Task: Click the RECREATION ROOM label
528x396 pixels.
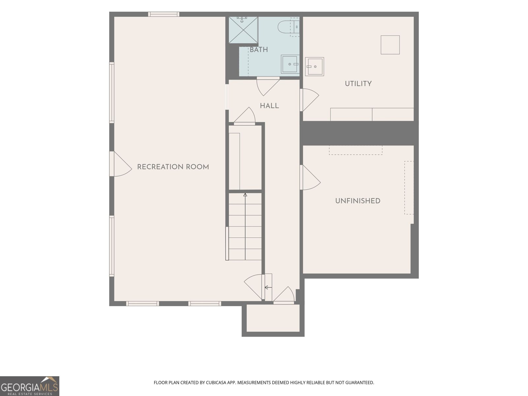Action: tap(173, 167)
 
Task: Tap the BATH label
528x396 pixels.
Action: tap(259, 50)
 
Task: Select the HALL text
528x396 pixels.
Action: tap(269, 106)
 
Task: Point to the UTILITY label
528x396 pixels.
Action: tap(358, 84)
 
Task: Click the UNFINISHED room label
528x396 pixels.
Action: tap(358, 201)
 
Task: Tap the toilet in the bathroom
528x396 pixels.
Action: tap(288, 27)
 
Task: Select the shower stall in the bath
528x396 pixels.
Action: tap(243, 30)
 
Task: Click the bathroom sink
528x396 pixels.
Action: tap(290, 64)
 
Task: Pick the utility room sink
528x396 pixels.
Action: tap(314, 67)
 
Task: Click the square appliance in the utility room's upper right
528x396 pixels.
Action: tap(390, 45)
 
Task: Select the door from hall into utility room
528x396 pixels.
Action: tap(309, 100)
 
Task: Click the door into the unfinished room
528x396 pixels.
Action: tap(310, 178)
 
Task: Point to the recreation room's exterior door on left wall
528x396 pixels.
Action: tap(121, 164)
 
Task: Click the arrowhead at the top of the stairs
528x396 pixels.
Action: tap(245, 195)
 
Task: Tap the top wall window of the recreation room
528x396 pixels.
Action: tap(164, 14)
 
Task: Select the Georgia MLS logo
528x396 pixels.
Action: tap(30, 386)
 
